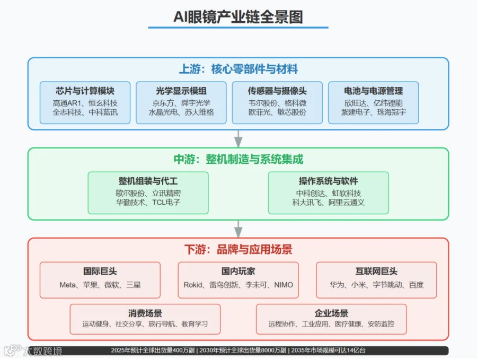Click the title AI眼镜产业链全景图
238,17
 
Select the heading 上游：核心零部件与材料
238,69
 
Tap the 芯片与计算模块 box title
85,91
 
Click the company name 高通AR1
67,103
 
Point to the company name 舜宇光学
196,103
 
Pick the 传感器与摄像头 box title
277,91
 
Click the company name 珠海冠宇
392,112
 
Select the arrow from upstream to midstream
238,139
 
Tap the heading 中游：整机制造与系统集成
238,159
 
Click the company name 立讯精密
166,193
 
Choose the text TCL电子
166,203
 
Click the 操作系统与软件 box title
328,181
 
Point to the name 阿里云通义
346,203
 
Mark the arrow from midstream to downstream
238,229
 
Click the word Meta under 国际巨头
67,285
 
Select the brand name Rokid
193,285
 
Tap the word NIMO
284,285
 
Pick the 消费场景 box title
145,313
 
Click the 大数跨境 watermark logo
33,351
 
